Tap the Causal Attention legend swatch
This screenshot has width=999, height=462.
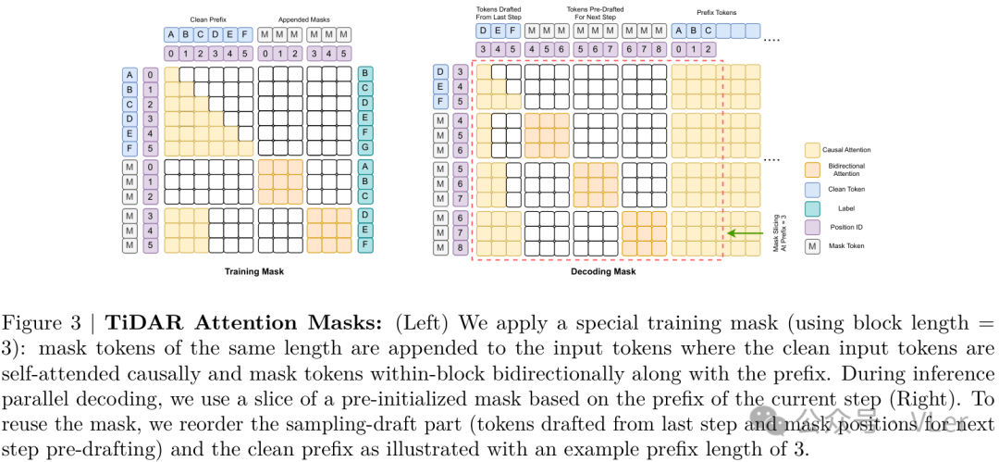[812, 149]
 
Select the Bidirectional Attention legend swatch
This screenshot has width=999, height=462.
[812, 170]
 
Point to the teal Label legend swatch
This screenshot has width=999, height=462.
[812, 208]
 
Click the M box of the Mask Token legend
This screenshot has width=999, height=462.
[812, 247]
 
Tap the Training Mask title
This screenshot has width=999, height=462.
[253, 271]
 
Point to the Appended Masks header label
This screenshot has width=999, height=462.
[304, 18]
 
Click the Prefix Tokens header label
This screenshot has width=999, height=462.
[717, 14]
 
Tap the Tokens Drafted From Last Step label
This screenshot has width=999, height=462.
[498, 14]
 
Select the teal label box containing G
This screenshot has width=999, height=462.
[365, 147]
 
